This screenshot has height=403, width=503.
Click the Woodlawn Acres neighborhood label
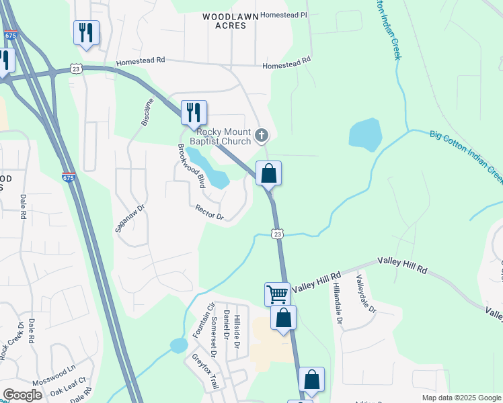226,19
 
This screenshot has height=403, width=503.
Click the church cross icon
262,136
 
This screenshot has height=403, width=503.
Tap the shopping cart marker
277,294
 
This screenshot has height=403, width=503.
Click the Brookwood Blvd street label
191,166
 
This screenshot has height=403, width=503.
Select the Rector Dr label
209,213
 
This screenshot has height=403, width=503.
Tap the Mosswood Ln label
54,372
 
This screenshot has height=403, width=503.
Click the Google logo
22,394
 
